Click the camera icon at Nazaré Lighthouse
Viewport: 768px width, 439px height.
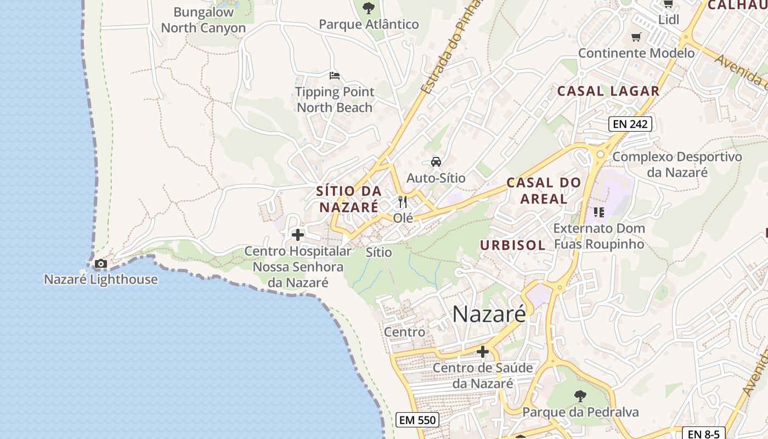100,264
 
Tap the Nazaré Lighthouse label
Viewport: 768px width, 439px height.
101,279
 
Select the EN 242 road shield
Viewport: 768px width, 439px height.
630,124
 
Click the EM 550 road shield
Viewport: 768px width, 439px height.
417,420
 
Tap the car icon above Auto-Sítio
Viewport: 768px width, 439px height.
436,162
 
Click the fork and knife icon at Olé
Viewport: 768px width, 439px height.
403,202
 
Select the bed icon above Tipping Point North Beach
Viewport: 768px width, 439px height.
335,76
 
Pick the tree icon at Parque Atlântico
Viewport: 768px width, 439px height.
369,8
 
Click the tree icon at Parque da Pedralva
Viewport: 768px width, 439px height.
580,396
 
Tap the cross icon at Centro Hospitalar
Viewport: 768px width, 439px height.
298,235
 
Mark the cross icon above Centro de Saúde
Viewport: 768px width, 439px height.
483,352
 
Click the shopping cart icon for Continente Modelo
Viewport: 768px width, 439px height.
636,37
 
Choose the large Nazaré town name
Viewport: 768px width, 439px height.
489,314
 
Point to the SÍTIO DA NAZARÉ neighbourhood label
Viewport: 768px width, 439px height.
349,199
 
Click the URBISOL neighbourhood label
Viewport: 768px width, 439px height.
512,245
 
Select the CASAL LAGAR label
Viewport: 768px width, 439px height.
608,91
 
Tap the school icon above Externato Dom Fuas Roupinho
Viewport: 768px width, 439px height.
598,212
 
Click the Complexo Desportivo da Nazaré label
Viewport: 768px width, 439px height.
677,165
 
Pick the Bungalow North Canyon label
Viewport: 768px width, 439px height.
204,20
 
